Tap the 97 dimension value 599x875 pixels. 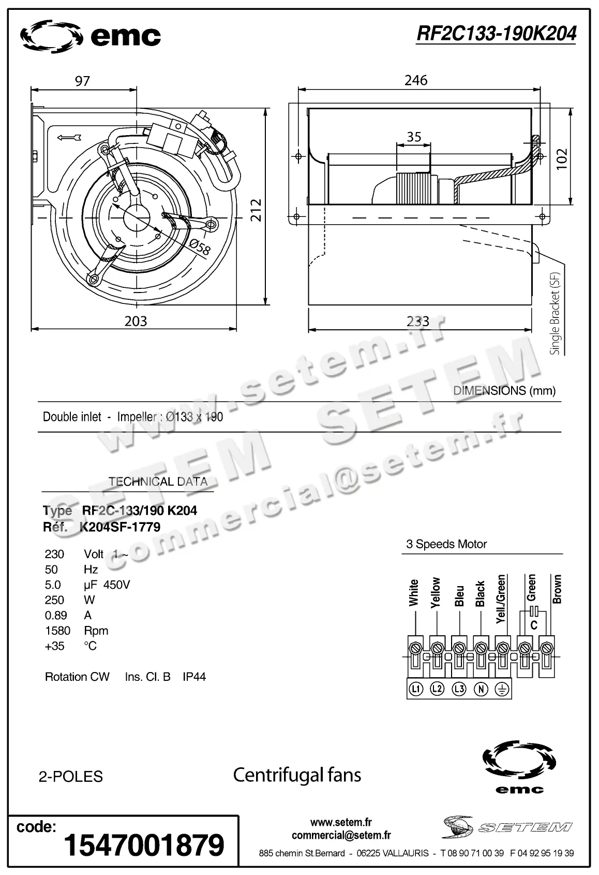pyautogui.click(x=82, y=81)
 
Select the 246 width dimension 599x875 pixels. pyautogui.click(x=416, y=80)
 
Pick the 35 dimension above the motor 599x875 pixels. pyautogui.click(x=414, y=137)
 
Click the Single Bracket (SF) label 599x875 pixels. pyautogui.click(x=555, y=313)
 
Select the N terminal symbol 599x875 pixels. pyautogui.click(x=481, y=689)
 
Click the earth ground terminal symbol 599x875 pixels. pyautogui.click(x=502, y=689)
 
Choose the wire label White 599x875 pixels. pyautogui.click(x=413, y=592)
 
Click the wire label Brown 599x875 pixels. pyautogui.click(x=557, y=589)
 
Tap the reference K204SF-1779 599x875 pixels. pyautogui.click(x=120, y=527)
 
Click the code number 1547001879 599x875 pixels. pyautogui.click(x=144, y=845)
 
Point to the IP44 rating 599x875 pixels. pyautogui.click(x=194, y=677)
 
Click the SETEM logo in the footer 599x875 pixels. pyautogui.click(x=507, y=827)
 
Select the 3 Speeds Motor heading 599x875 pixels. pyautogui.click(x=446, y=544)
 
